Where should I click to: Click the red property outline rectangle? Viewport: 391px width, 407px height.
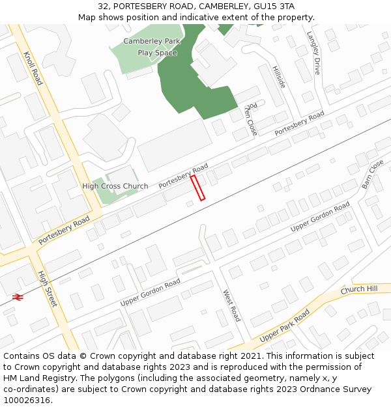(197, 188)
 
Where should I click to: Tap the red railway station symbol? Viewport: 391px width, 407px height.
(18, 296)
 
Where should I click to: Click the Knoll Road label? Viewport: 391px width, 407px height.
(33, 68)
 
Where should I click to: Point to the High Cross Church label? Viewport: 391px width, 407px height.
(115, 186)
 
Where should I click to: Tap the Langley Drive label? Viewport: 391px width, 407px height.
(313, 53)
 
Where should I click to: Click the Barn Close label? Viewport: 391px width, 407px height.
(373, 174)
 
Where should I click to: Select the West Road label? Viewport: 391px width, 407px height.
(232, 305)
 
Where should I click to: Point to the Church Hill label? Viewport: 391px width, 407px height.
(358, 289)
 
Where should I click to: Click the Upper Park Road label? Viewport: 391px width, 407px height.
(284, 326)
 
